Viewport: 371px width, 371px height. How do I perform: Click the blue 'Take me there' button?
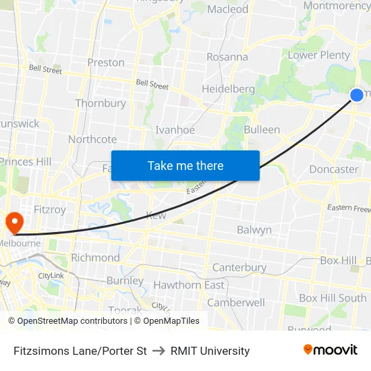(185, 165)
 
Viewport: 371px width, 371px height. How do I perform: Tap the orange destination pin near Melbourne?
(13, 222)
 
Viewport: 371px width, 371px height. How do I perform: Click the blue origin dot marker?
(357, 95)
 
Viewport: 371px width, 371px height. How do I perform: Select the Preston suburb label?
(106, 63)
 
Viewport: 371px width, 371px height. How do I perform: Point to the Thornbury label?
(101, 103)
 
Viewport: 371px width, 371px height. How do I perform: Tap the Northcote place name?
(92, 139)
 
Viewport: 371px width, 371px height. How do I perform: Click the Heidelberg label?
(228, 89)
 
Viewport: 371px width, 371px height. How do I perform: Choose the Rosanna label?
(227, 57)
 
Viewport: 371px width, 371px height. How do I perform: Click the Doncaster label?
(334, 169)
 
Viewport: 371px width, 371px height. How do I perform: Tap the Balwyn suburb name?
(254, 230)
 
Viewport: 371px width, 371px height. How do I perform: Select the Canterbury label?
(239, 268)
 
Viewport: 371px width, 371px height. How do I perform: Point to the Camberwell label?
(236, 302)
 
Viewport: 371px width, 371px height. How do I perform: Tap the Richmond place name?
(95, 258)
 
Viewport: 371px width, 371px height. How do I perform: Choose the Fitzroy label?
(50, 210)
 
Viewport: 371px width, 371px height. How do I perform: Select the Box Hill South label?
(333, 297)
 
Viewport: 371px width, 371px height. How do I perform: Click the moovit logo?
(331, 350)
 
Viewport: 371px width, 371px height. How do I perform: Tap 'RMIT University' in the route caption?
(210, 351)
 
